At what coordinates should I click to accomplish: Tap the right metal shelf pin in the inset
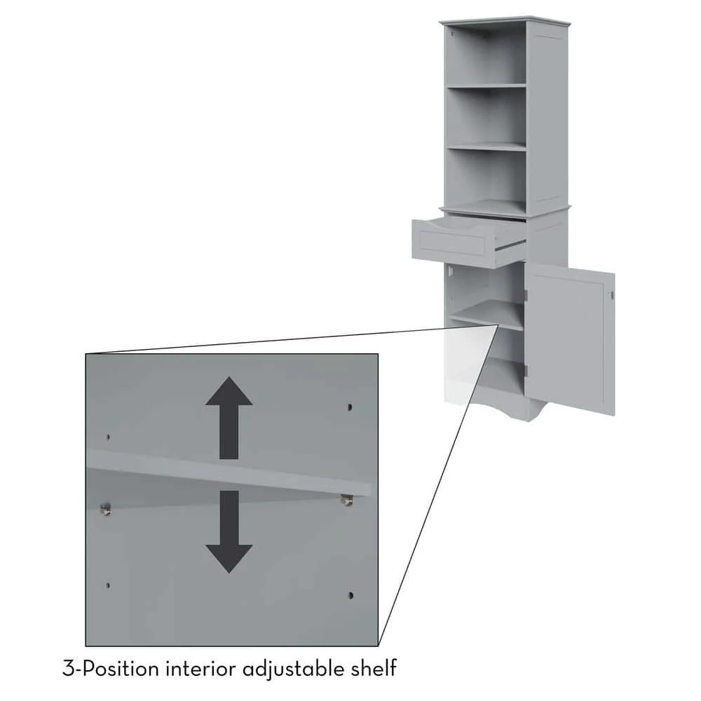point(346,499)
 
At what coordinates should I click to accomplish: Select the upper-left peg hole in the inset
point(108,437)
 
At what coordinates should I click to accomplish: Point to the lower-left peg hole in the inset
point(107,585)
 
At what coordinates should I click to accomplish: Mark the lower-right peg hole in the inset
point(350,595)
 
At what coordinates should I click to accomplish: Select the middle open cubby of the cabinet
point(486,117)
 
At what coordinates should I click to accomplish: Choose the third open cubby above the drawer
point(486,179)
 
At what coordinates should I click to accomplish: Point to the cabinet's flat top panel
point(505,19)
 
